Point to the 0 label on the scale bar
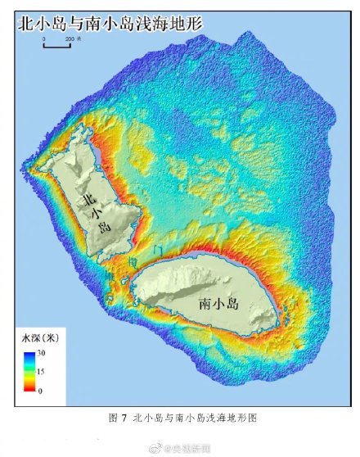[43, 38]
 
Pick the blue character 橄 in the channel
[133, 260]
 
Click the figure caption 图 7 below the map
[118, 418]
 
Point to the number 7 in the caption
[123, 418]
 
